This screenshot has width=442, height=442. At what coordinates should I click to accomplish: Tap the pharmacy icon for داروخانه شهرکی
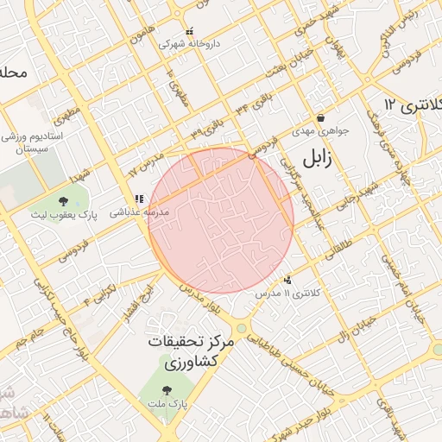pos(190,32)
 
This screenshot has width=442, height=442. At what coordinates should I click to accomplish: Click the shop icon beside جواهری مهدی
pos(320,118)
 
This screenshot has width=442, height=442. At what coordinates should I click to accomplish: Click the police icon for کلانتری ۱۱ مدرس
pos(287,280)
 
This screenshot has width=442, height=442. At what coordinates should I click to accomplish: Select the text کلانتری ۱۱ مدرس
pos(288,294)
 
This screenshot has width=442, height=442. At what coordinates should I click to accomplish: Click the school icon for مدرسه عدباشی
pos(138,199)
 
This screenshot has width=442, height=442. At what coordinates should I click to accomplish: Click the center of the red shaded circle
pos(221,221)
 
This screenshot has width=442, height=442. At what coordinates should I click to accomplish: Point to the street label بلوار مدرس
pos(204,302)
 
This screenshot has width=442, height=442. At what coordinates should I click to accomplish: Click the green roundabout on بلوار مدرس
pos(241,328)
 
